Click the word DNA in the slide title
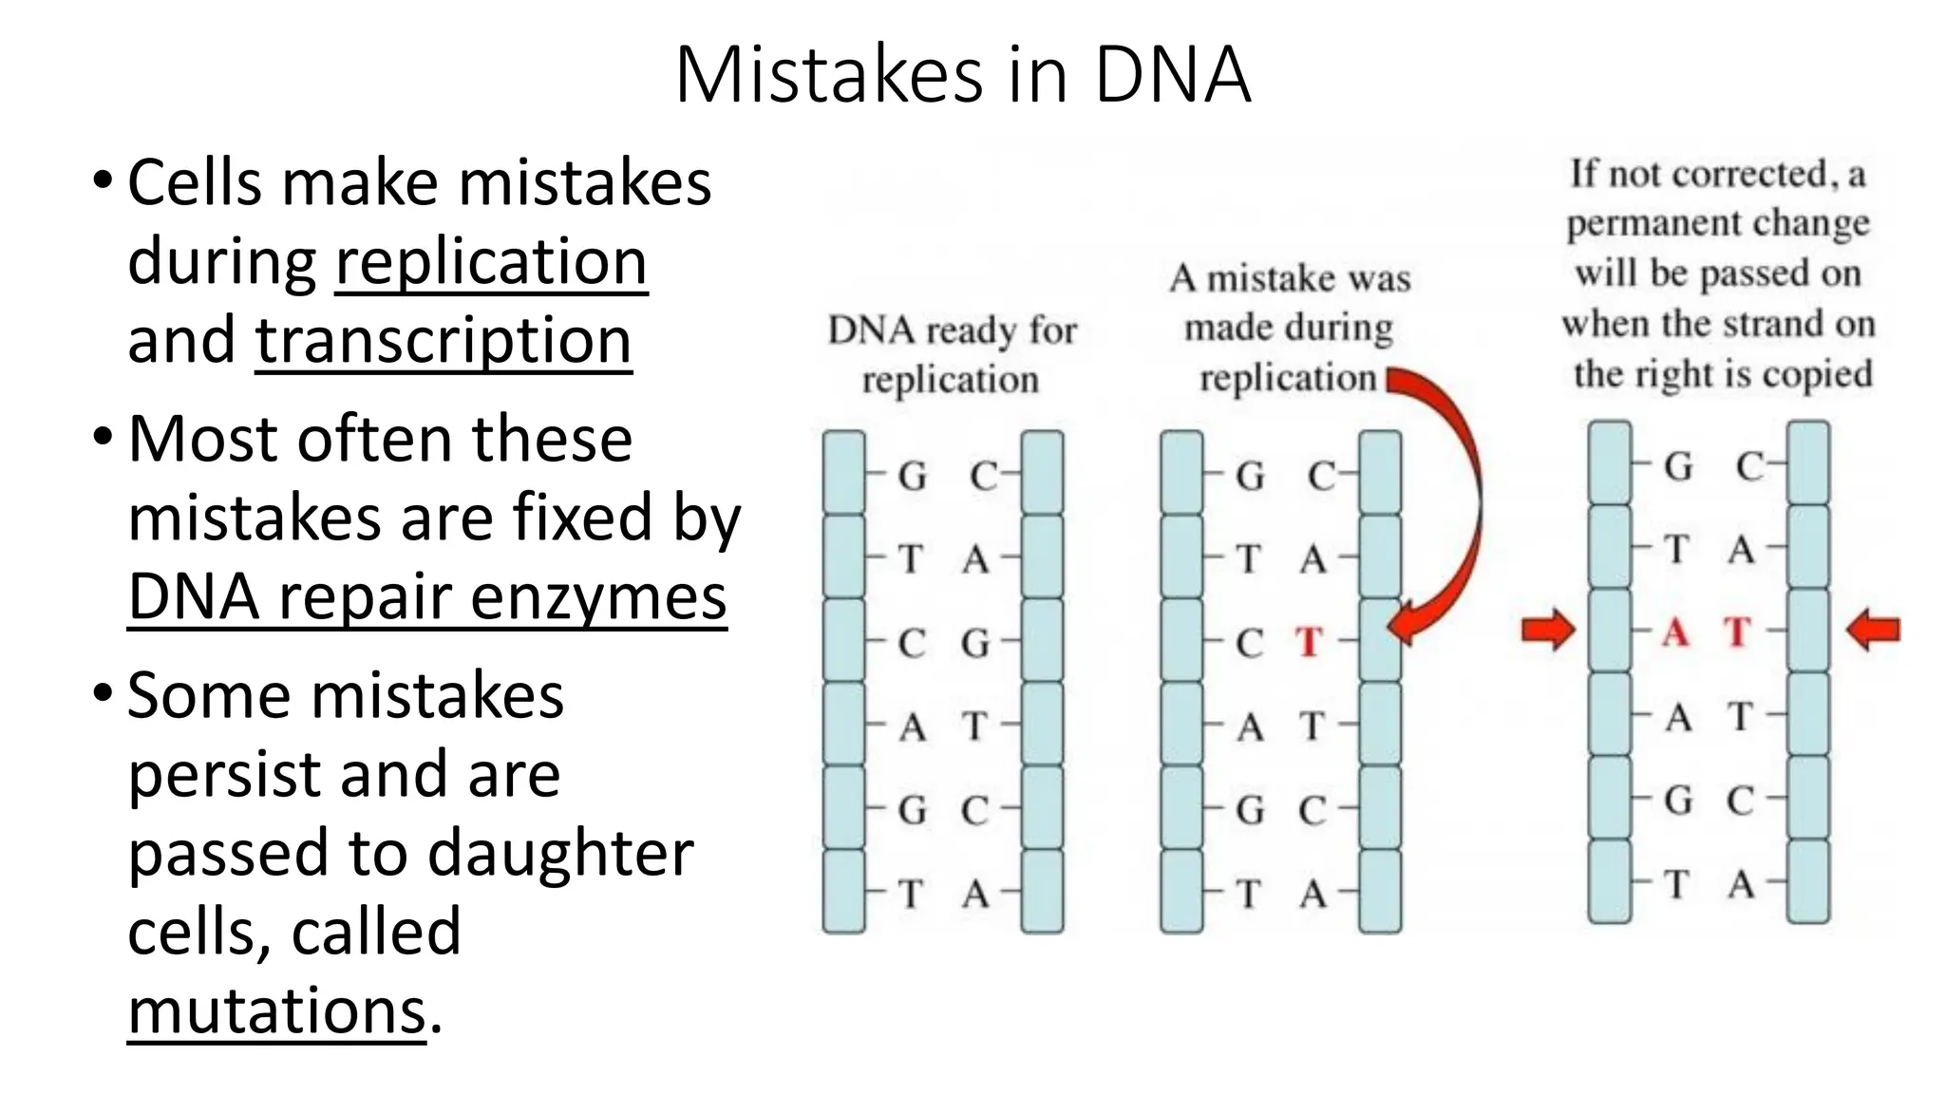[1172, 76]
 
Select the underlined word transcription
[443, 340]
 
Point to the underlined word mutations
[276, 1010]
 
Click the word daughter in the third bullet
[560, 853]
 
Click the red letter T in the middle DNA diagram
[1310, 643]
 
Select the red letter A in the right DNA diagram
[1676, 632]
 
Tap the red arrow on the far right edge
[1874, 631]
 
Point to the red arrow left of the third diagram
[1548, 632]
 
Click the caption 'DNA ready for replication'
[952, 355]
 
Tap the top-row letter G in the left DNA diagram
[913, 476]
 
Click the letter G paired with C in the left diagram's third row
[975, 644]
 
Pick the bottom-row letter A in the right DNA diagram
[1741, 885]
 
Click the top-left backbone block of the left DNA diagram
[843, 473]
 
